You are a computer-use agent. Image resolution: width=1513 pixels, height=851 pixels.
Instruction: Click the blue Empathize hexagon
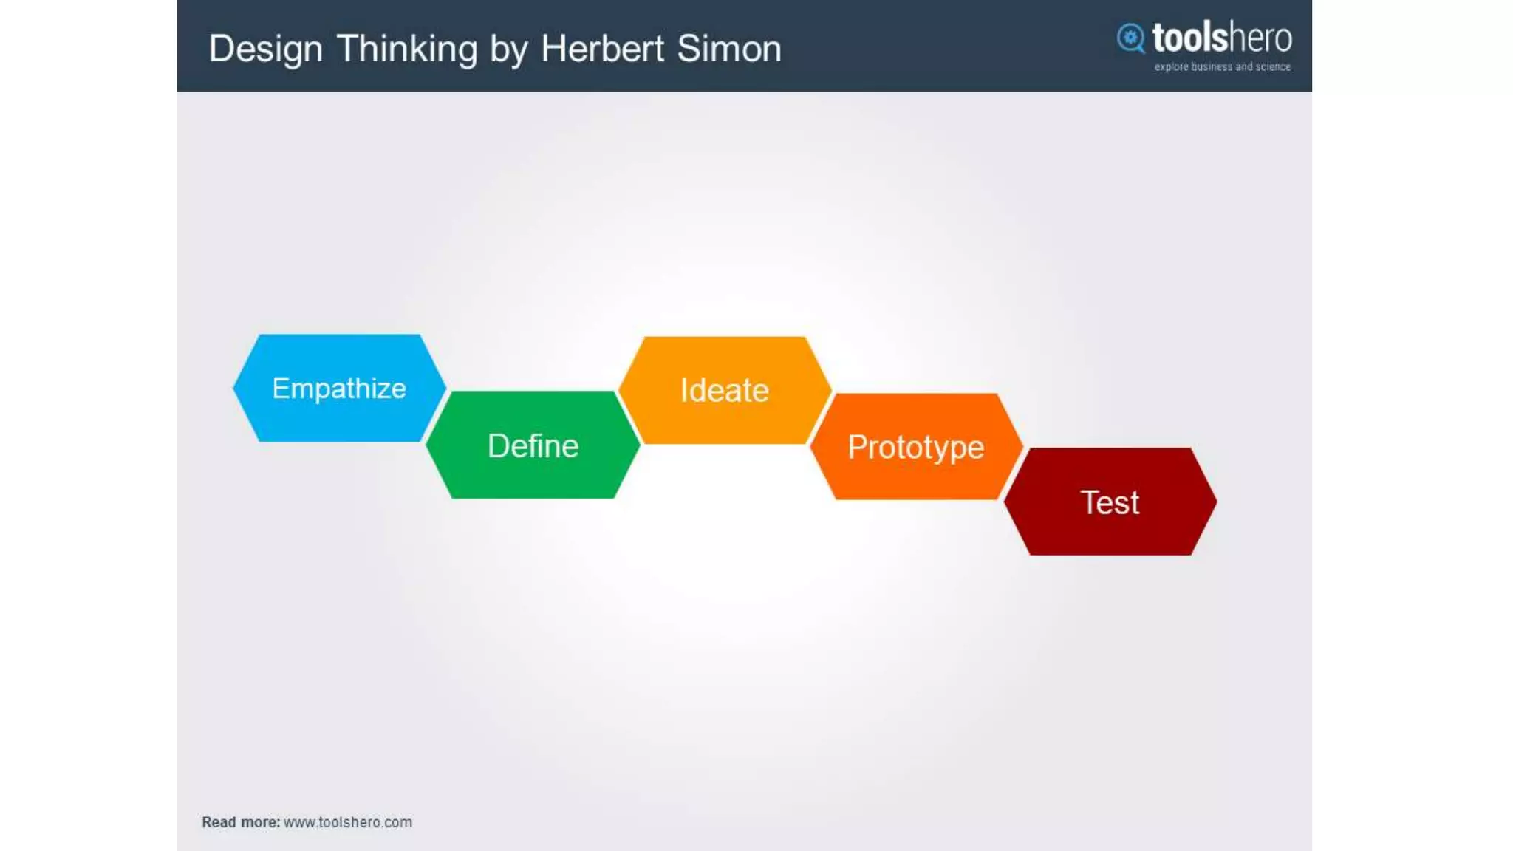pos(339,388)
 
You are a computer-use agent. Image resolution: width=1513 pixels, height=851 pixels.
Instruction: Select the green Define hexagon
pos(533,445)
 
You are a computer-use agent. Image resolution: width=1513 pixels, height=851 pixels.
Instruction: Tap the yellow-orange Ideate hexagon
pos(725,390)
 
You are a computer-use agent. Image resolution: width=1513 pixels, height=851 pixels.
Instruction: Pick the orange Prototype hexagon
pos(916,446)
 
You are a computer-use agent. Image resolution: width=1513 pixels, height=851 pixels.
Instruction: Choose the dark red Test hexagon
pos(1110,502)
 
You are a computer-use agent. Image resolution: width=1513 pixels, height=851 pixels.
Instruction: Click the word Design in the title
pos(265,49)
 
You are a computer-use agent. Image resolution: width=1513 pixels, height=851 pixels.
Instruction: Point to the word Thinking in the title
pos(407,49)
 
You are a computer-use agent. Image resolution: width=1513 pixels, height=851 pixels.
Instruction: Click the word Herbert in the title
pos(602,49)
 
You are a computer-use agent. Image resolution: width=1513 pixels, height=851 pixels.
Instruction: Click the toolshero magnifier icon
pos(1130,38)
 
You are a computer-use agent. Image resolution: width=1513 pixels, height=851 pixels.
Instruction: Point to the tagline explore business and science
pos(1222,66)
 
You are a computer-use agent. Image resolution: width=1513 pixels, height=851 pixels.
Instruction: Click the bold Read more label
pos(241,822)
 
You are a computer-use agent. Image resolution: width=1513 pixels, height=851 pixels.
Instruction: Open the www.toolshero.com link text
pos(348,822)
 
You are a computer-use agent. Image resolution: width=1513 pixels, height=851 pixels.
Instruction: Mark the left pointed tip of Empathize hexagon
pos(235,388)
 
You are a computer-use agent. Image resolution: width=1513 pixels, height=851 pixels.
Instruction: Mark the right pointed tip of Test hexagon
pos(1215,502)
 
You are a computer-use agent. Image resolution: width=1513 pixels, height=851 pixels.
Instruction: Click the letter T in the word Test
pos(1088,502)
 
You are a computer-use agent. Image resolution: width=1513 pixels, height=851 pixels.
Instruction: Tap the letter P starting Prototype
pos(856,446)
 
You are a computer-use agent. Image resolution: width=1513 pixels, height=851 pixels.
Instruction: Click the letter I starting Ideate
pos(683,390)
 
